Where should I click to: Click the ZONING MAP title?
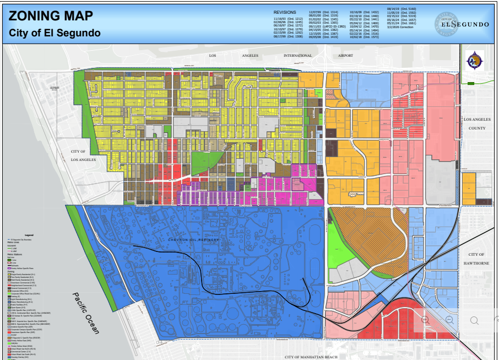point(51,16)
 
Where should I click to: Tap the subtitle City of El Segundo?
point(55,33)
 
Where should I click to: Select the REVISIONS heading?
point(284,12)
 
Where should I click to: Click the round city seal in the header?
point(447,24)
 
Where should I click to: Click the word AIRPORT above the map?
point(345,56)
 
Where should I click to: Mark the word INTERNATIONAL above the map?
point(297,56)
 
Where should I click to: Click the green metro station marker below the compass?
point(470,83)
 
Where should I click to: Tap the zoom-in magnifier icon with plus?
point(425,320)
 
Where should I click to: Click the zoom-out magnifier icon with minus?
point(449,320)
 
